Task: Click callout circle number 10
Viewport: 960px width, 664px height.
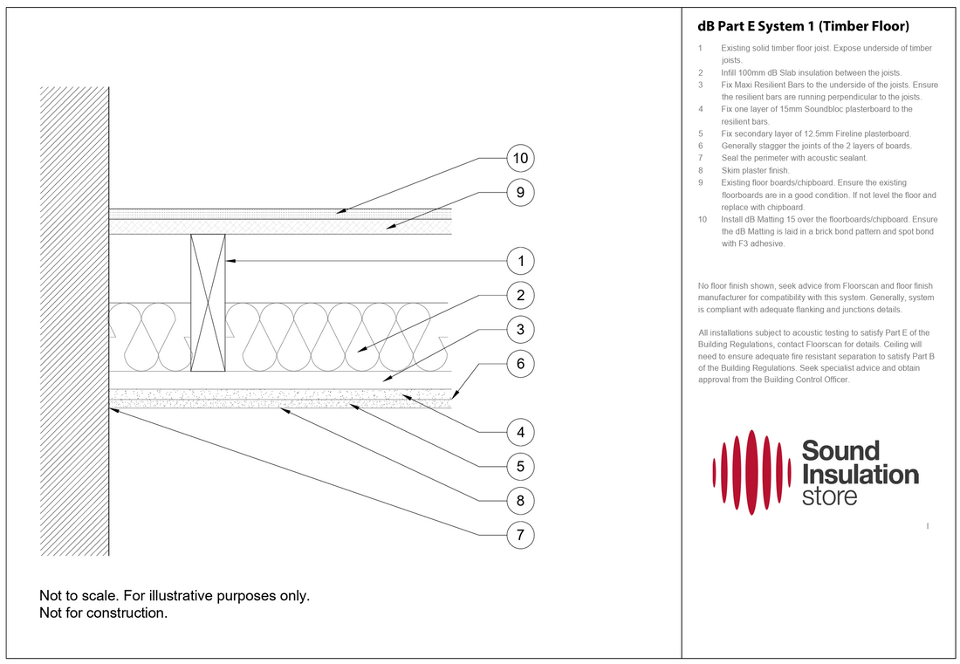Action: (x=520, y=159)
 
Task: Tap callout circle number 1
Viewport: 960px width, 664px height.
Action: (x=520, y=261)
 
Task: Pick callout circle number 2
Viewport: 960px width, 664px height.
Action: (x=520, y=295)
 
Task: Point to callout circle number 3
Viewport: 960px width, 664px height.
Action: (x=520, y=329)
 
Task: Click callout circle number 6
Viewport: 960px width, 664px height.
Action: (x=520, y=363)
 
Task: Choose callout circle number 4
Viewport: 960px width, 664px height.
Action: (x=520, y=432)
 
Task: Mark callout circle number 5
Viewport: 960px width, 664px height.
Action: (x=520, y=466)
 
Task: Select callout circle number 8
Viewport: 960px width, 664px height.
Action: (x=520, y=500)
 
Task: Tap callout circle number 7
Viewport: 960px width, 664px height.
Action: (x=520, y=534)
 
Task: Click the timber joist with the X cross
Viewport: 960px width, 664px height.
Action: (x=207, y=304)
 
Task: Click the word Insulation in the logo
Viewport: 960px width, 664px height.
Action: (x=860, y=475)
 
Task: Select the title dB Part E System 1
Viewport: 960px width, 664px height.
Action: (x=804, y=26)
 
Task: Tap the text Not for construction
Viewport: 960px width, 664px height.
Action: (x=103, y=613)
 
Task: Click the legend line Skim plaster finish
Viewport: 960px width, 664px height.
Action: (x=755, y=170)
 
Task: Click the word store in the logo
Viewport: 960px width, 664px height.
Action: (x=829, y=497)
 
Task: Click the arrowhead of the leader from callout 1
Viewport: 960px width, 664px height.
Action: (x=227, y=261)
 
